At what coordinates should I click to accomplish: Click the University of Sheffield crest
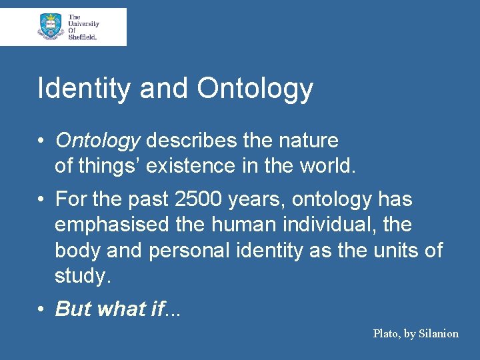[51, 27]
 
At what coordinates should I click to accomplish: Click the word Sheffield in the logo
[83, 37]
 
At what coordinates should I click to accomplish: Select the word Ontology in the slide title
[255, 89]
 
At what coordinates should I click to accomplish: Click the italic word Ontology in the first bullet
[97, 141]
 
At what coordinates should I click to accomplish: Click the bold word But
[73, 309]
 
